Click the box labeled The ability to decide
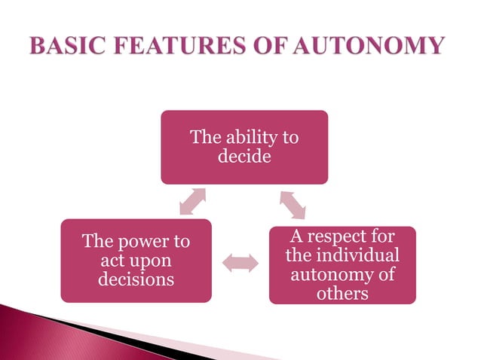(244, 148)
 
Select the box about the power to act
(136, 261)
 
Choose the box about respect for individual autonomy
(342, 265)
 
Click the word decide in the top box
(244, 157)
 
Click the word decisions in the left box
(136, 279)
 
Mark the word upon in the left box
(152, 261)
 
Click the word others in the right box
(342, 293)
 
